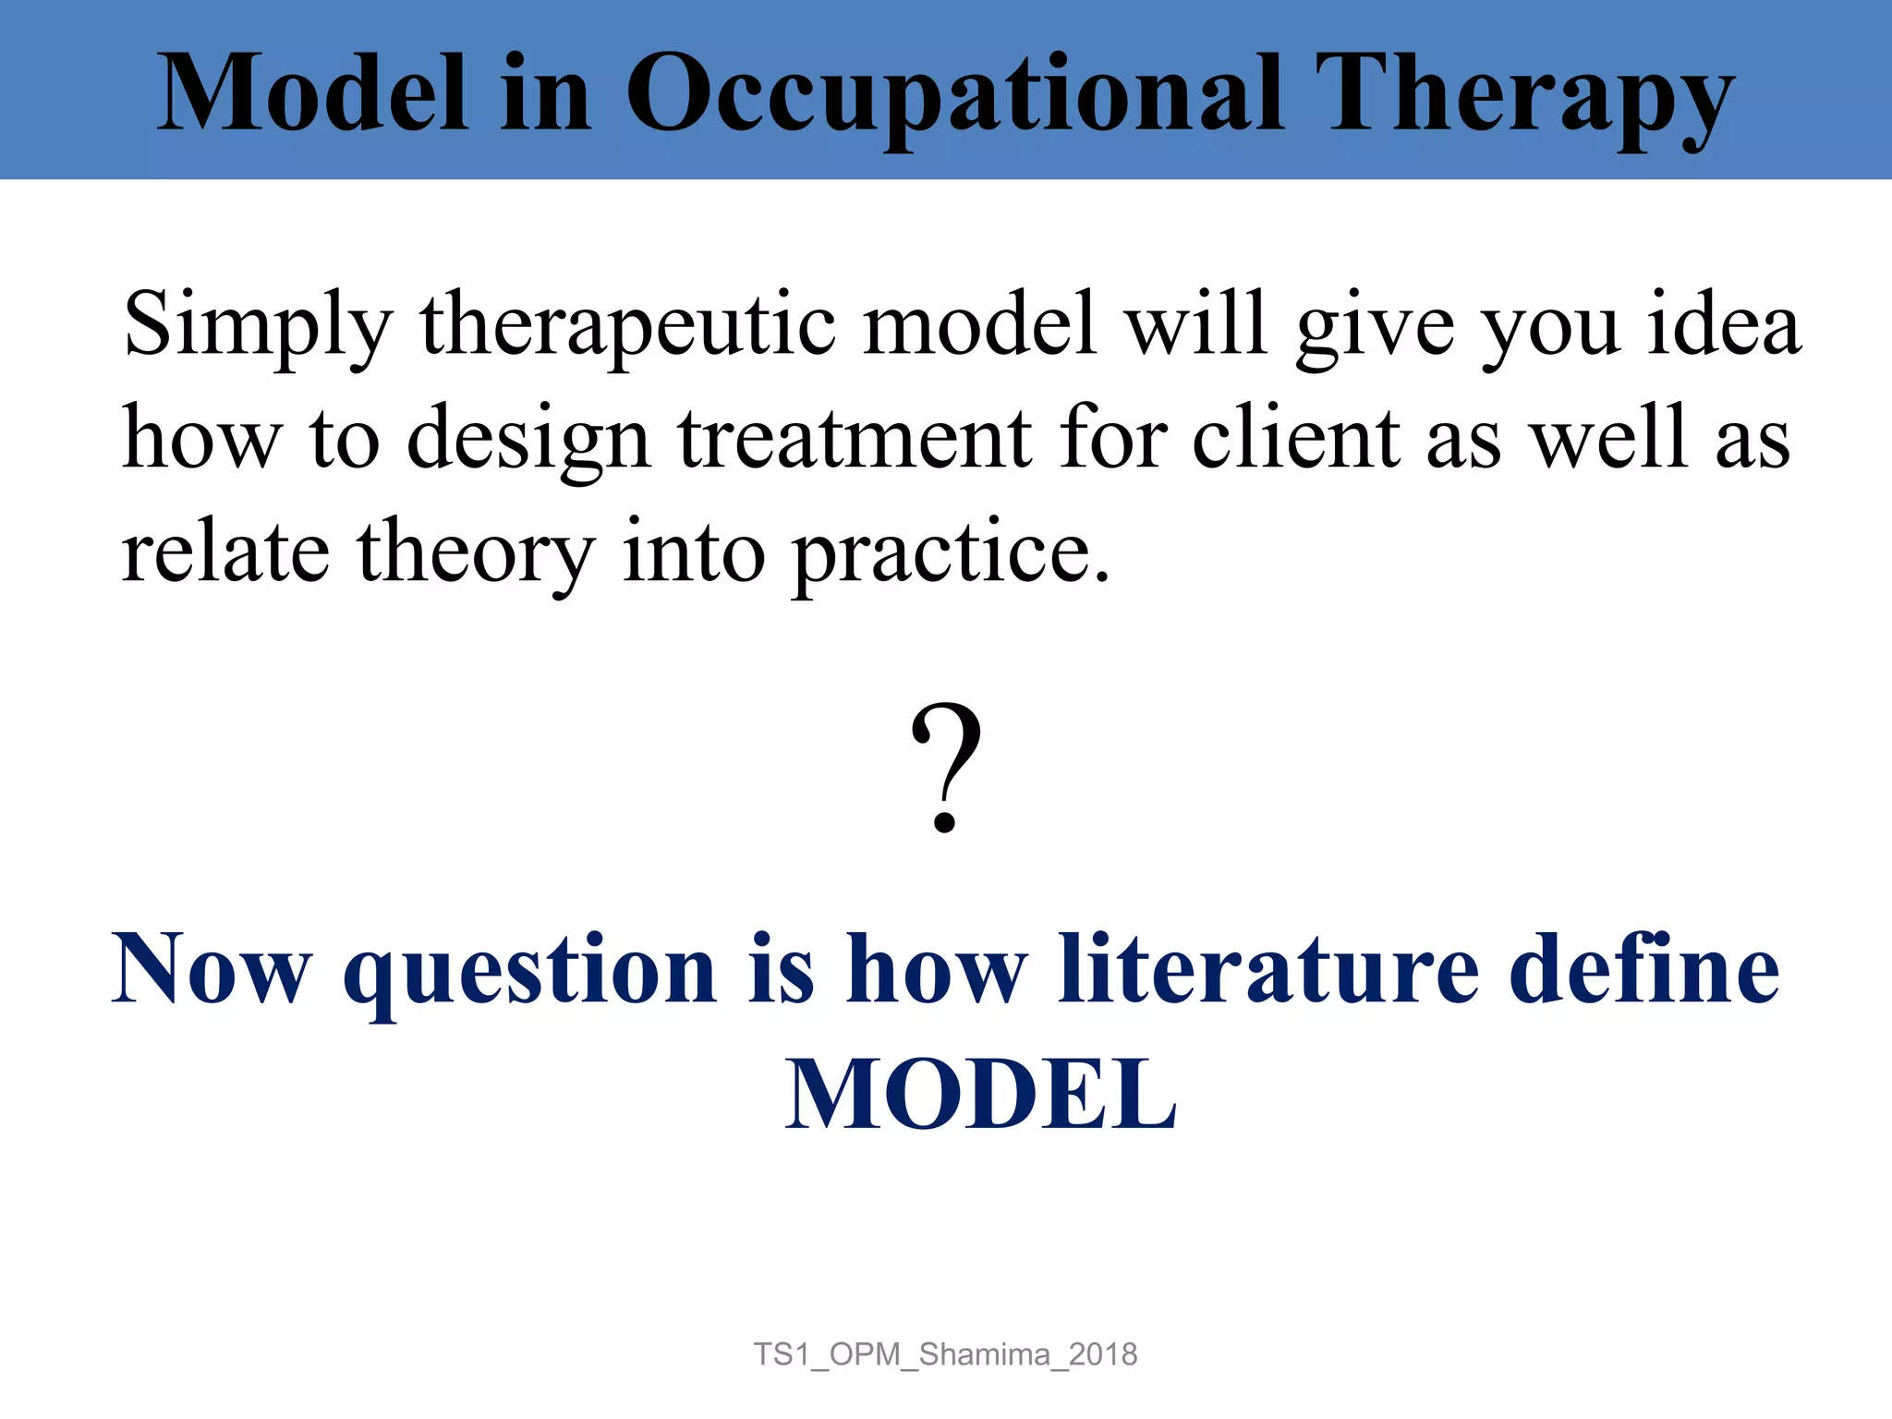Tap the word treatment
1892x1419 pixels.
[x=855, y=439]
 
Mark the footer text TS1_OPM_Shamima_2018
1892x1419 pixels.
[x=945, y=1354]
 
